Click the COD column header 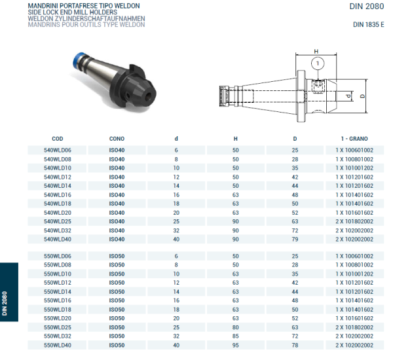click(58, 139)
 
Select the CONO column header click(117, 139)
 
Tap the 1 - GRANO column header click(354, 139)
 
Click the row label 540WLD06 click(58, 151)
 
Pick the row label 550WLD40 click(58, 344)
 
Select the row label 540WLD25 click(58, 221)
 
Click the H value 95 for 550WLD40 click(236, 344)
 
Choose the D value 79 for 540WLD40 click(295, 239)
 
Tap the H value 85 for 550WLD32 click(236, 336)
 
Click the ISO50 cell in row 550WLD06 click(117, 256)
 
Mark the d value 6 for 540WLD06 click(176, 151)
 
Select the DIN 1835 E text click(367, 25)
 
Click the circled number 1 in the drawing click(317, 63)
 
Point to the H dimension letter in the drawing click(316, 51)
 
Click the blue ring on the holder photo click(77, 63)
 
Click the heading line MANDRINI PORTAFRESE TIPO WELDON click(84, 5)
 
